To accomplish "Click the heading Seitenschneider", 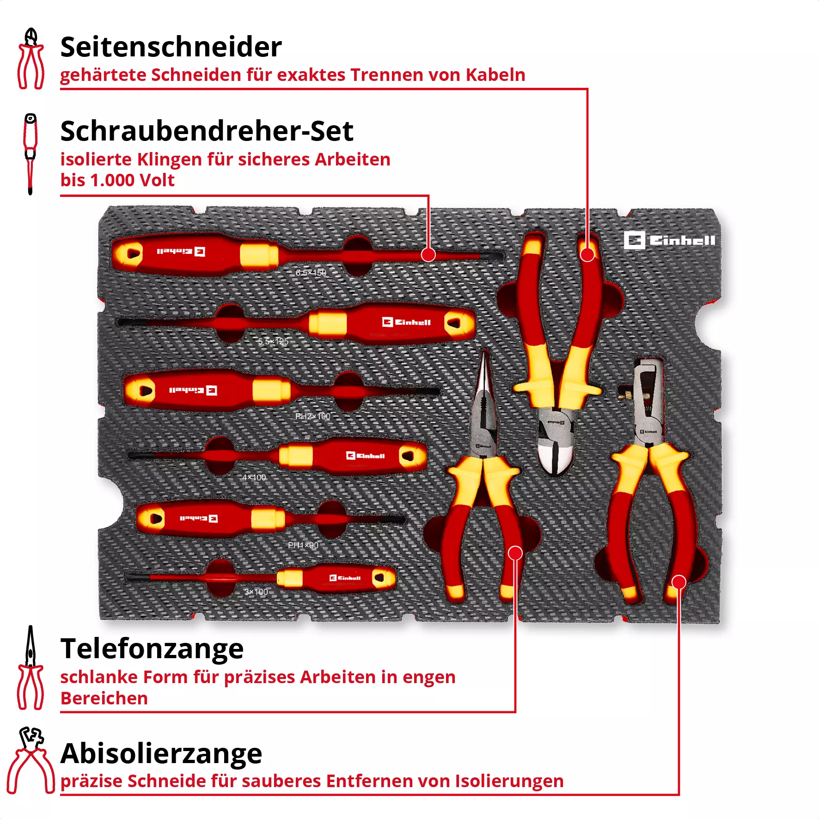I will click(x=171, y=47).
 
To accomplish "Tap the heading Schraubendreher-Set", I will click(x=207, y=131).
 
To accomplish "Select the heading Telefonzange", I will click(x=152, y=648).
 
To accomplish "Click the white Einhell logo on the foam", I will click(x=669, y=240).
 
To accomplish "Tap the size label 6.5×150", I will click(x=311, y=273).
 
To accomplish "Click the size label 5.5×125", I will click(x=273, y=342).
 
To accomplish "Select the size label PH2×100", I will click(x=312, y=416).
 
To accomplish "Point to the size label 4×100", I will click(x=254, y=477).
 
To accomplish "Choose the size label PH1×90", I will click(x=303, y=545).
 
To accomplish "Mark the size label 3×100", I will click(x=256, y=592).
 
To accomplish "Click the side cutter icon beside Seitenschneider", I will click(x=31, y=59).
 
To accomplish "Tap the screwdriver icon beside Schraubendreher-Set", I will click(x=31, y=154).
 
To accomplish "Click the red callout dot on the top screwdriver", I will click(x=428, y=255).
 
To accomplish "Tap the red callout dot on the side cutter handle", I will click(x=587, y=255).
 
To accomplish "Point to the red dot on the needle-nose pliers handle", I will click(x=515, y=553).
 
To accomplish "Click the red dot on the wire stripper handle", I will click(x=678, y=582).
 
